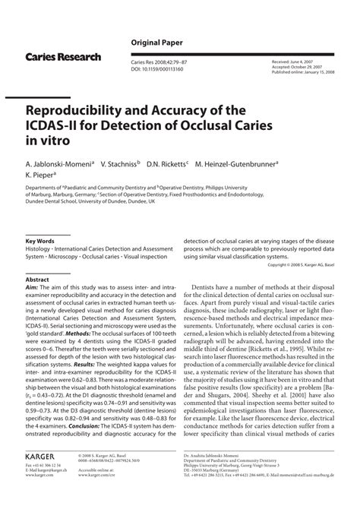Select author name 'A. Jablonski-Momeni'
pos(58,163)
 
